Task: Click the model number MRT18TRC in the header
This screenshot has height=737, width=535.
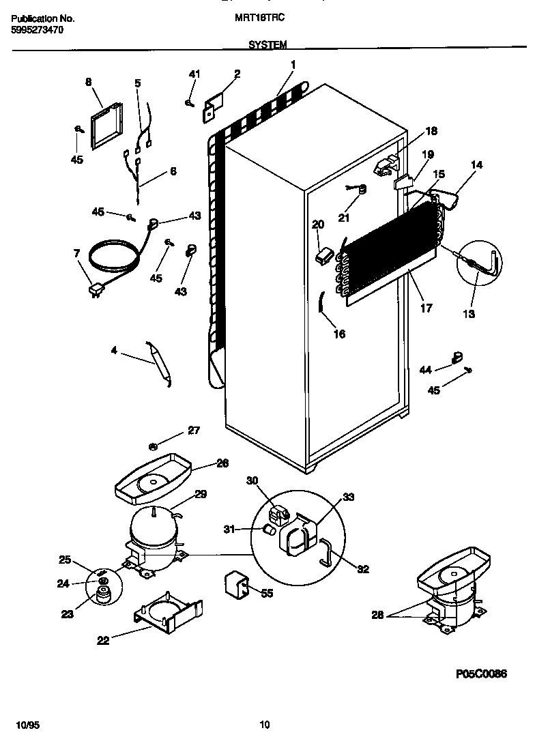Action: [265, 20]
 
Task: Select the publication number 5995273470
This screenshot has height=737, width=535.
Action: [38, 31]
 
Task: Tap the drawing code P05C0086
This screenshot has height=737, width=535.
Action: [481, 674]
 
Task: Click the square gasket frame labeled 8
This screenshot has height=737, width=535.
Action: [102, 128]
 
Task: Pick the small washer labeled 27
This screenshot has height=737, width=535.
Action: [154, 447]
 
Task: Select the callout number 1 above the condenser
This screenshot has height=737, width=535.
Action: [293, 65]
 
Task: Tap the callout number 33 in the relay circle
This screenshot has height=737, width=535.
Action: [348, 497]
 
